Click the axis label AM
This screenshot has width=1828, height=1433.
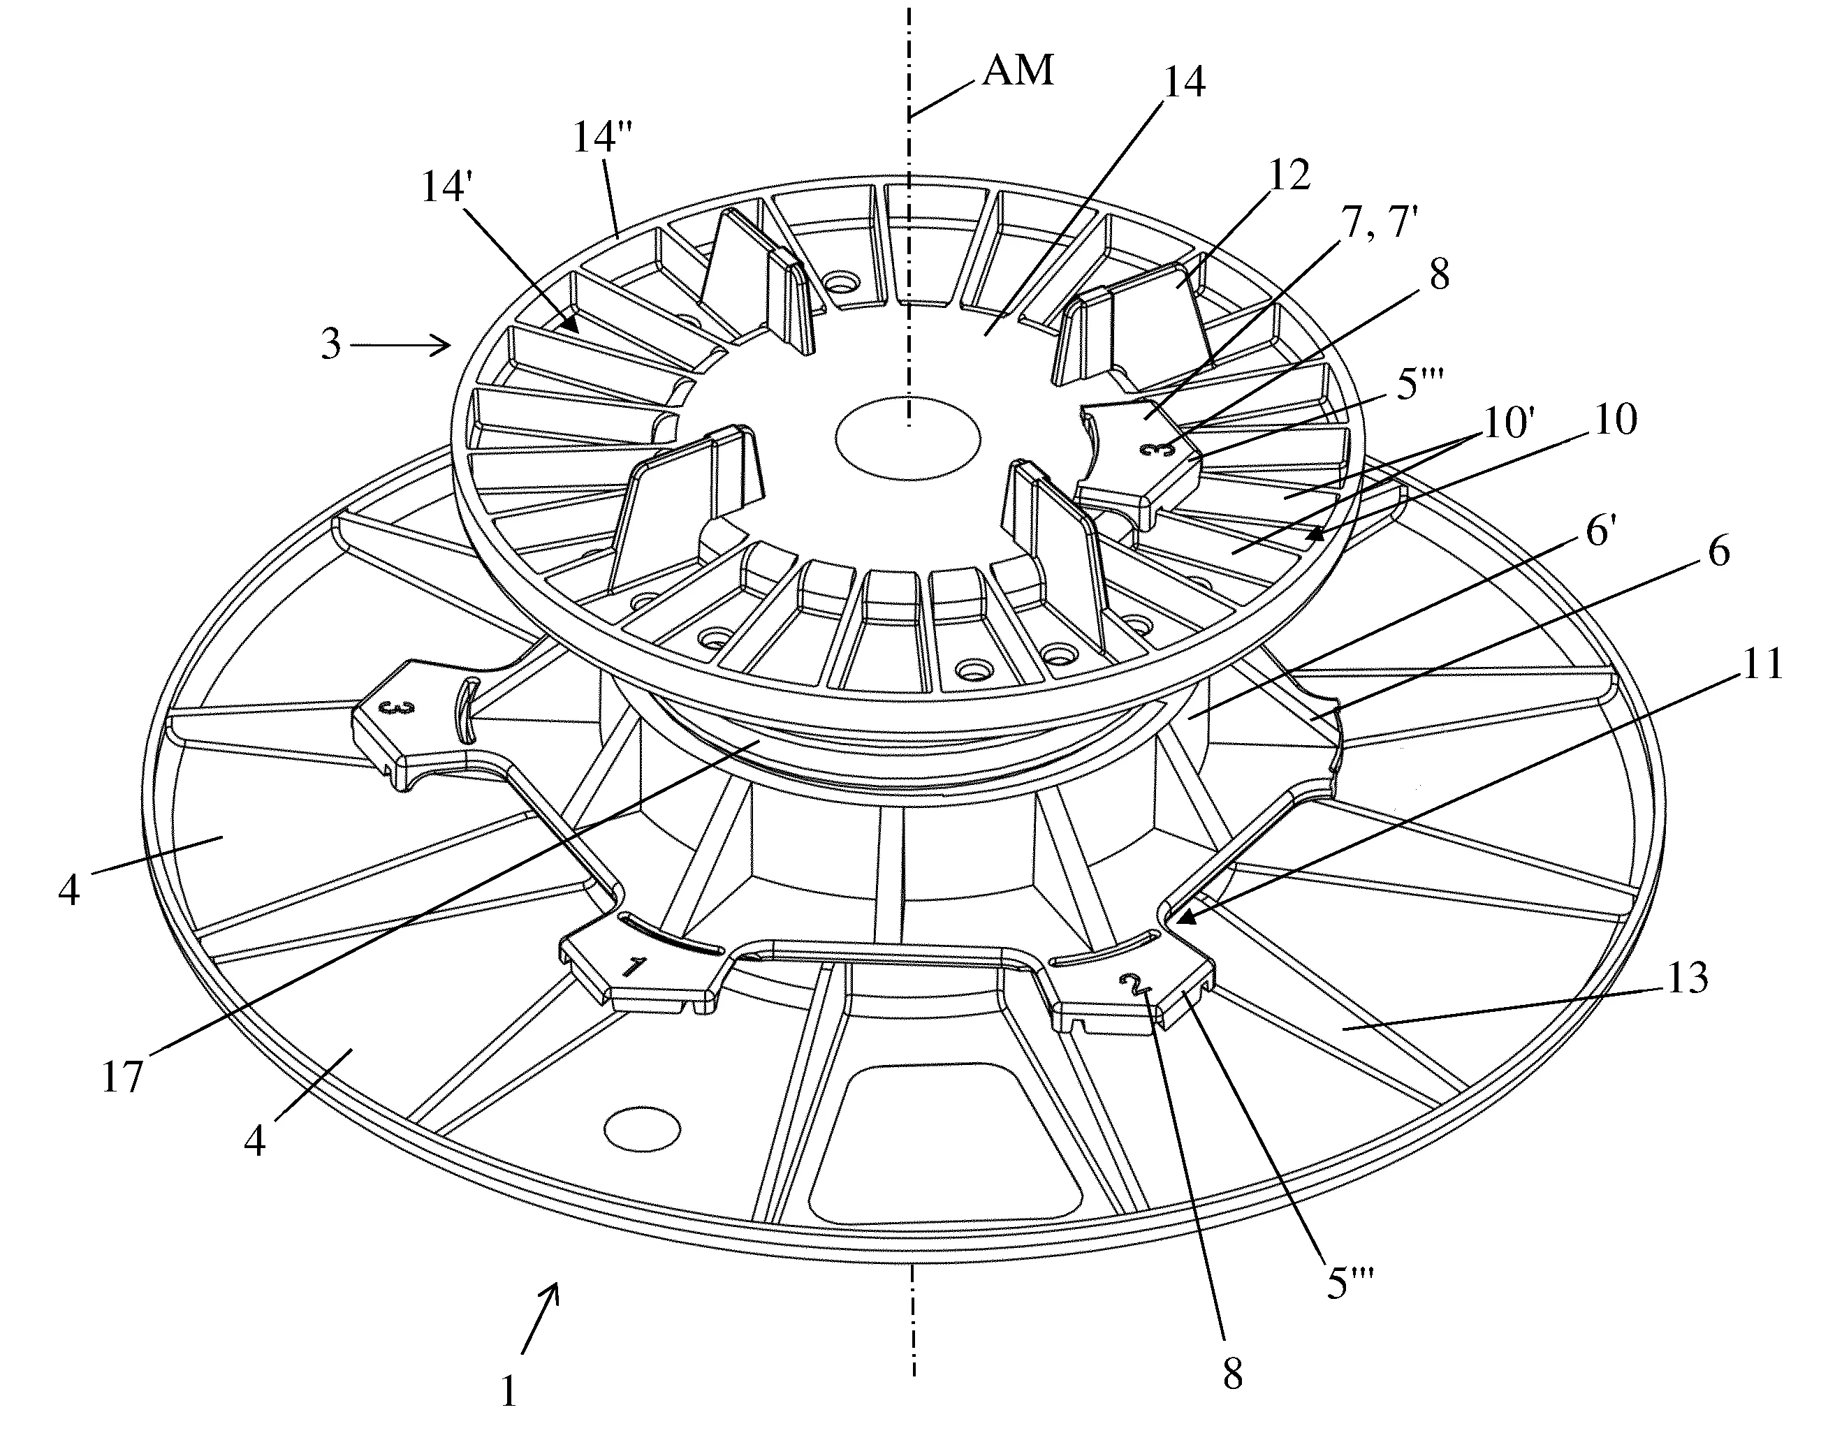pos(1018,71)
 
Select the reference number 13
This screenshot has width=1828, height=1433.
pos(1686,978)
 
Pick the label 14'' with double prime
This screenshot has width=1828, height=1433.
pos(603,137)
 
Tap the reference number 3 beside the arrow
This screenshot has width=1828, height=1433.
pos(332,344)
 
